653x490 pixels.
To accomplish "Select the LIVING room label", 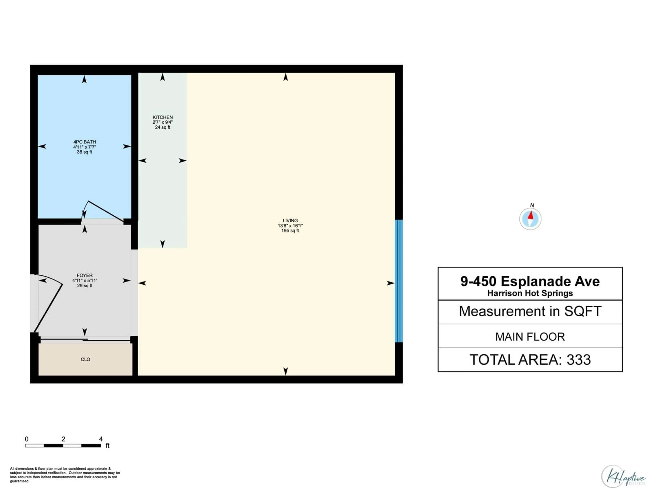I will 290,220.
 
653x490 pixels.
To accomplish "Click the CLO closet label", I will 85,360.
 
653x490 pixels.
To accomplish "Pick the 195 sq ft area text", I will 290,231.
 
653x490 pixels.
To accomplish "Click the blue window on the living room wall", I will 399,281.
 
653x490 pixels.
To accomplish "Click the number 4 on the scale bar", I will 101,439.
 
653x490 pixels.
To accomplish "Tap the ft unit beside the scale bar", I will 107,446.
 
